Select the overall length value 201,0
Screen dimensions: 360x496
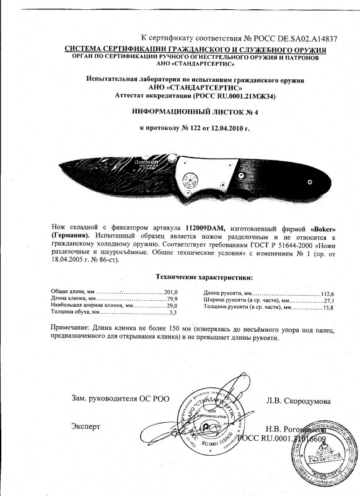tap(170, 291)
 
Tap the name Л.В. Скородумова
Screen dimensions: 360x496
tap(298, 401)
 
